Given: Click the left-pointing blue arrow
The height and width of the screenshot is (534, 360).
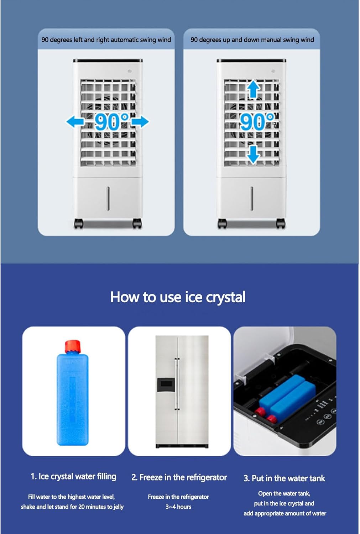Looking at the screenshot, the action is [75, 122].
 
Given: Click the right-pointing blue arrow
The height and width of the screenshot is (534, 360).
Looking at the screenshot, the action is [140, 122].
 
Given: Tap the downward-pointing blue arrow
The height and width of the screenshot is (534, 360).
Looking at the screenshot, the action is [253, 155].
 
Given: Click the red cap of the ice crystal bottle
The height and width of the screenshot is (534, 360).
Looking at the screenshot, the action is [73, 346].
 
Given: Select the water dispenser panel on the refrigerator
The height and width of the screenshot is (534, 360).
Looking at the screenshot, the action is [166, 385].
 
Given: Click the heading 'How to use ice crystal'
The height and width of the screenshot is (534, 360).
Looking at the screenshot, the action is [178, 297].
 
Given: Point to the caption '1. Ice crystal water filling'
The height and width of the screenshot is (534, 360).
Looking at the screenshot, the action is [73, 477].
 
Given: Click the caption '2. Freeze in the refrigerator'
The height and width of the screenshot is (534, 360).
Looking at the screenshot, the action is [179, 477].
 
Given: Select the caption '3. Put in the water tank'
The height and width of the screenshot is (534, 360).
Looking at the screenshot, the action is [285, 478].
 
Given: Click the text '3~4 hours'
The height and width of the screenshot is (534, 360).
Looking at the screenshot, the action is [178, 507].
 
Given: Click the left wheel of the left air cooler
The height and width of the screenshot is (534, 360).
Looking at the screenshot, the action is [78, 224].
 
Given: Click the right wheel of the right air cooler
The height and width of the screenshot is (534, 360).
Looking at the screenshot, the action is [281, 224].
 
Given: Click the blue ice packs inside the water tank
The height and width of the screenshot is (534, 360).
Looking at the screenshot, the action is [287, 394].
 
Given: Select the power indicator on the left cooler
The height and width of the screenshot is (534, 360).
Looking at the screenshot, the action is [130, 71].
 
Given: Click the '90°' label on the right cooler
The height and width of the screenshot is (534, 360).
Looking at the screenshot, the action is [257, 122].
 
